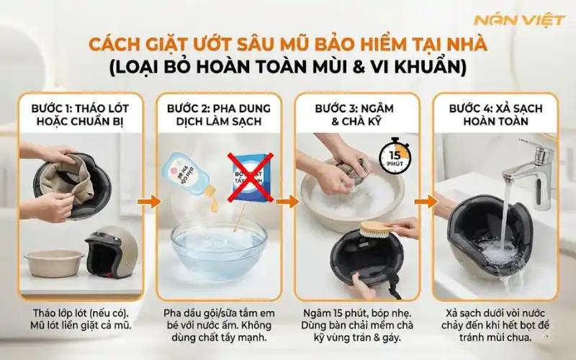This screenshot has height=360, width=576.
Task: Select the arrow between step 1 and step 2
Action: pyautogui.click(x=150, y=202)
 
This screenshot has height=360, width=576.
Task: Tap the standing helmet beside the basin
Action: pyautogui.click(x=112, y=253)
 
